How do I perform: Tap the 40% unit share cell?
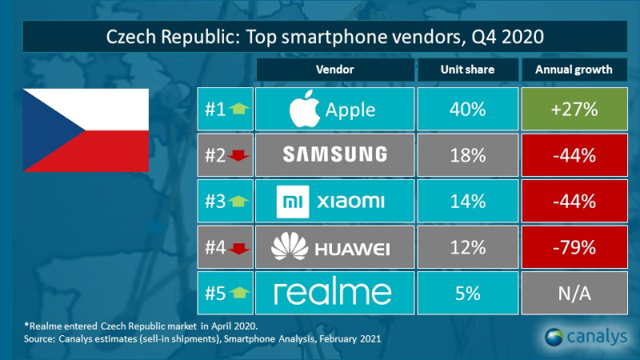[x=467, y=110]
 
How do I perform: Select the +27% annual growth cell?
[x=574, y=110]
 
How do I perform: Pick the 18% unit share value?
[x=467, y=155]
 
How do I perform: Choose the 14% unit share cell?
[x=467, y=201]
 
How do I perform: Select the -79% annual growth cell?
[x=574, y=247]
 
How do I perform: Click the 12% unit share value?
[x=467, y=247]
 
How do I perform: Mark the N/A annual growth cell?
[x=574, y=293]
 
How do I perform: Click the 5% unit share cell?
[x=467, y=293]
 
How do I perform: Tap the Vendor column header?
[x=334, y=70]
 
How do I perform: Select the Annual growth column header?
[x=574, y=70]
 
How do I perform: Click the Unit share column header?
[x=467, y=70]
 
